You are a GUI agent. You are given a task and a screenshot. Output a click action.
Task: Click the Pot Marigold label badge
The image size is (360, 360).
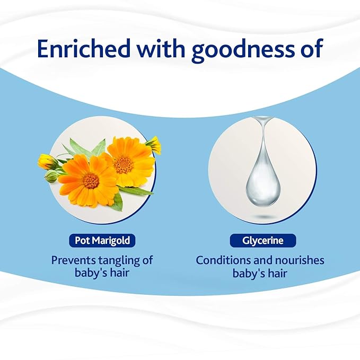[x=101, y=241]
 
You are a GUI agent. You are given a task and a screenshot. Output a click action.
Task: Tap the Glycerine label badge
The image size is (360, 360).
[x=262, y=241]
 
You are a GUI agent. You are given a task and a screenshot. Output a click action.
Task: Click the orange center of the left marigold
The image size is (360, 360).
[x=91, y=181]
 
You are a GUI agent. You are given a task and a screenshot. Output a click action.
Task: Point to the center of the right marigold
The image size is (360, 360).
[x=124, y=165]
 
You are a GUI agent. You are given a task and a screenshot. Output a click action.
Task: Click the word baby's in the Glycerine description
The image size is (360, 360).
[x=249, y=274]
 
